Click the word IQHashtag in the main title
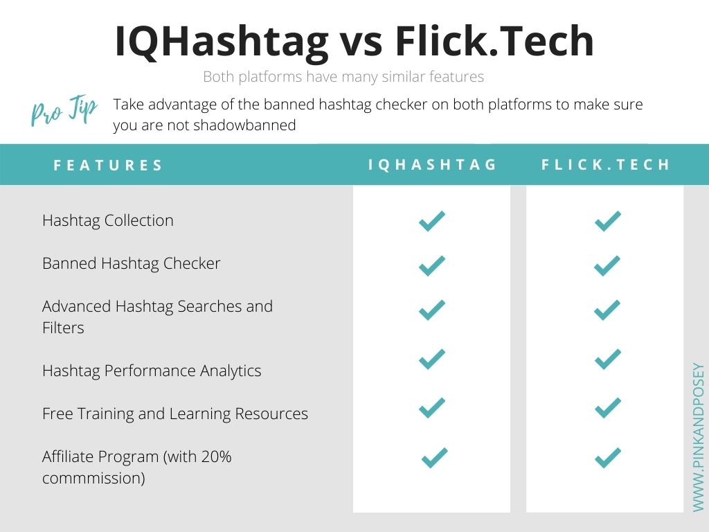(x=222, y=42)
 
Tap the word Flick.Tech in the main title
(x=494, y=41)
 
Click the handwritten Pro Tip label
(x=64, y=110)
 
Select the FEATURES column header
(x=107, y=165)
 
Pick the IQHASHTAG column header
(x=432, y=165)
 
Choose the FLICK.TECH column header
(x=605, y=165)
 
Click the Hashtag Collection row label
(x=107, y=220)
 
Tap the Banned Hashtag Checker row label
(x=131, y=263)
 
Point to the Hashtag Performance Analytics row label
(x=152, y=371)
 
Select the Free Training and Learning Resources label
(x=175, y=414)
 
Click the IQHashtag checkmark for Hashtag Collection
(x=432, y=221)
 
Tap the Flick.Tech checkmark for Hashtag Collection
(x=607, y=221)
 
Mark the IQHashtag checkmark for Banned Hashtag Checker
(x=432, y=266)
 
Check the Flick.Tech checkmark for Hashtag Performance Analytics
(x=607, y=360)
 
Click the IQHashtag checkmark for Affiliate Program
(x=435, y=457)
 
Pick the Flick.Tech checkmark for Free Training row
(x=607, y=407)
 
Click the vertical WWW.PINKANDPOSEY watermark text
(x=698, y=438)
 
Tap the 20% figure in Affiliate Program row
(x=216, y=456)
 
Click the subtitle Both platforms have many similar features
(x=343, y=77)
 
